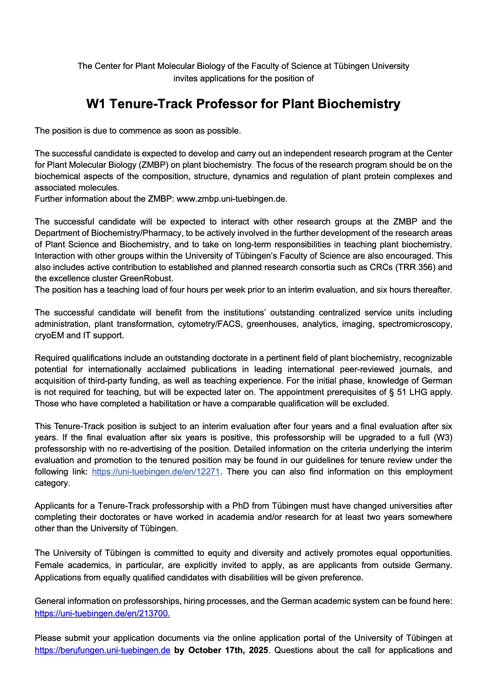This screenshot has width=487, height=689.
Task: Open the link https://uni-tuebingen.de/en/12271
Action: tap(156, 472)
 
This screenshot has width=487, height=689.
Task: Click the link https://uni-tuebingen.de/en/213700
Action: tap(102, 614)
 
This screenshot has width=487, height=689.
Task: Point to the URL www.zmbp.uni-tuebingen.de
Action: tap(231, 199)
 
